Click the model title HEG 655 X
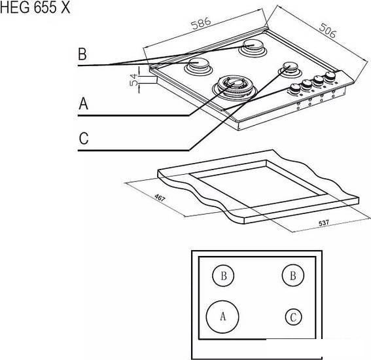[35, 8]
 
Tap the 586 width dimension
[201, 23]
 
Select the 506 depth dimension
[327, 30]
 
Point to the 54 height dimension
[134, 80]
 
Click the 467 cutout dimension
[160, 198]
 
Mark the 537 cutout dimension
[324, 223]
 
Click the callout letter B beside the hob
[82, 54]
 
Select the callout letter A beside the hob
[83, 103]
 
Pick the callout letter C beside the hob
[84, 139]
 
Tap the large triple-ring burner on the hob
[234, 88]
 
